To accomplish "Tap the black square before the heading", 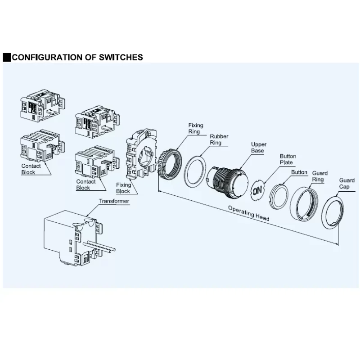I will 6,57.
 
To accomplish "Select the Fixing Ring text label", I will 196,129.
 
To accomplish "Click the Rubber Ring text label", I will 219,139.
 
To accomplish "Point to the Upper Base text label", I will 258,148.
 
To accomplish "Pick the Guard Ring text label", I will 319,176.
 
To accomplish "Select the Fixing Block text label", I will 123,188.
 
